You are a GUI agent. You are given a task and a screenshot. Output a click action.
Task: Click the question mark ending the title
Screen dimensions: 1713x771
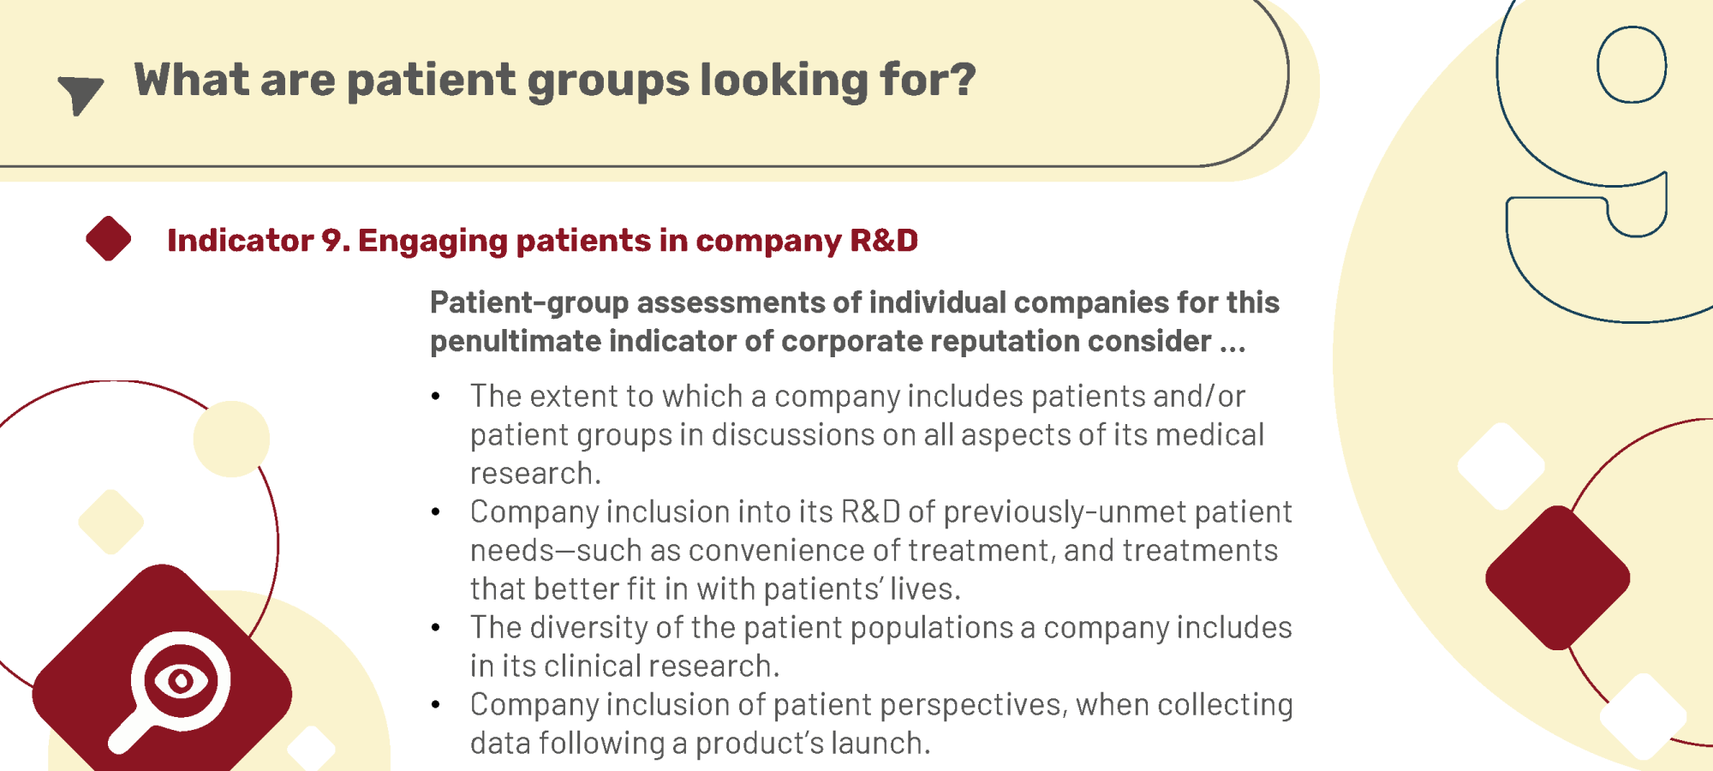[964, 80]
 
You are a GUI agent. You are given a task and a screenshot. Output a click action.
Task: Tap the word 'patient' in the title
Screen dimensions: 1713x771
[431, 81]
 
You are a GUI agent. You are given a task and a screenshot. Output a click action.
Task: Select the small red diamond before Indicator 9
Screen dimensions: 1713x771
[109, 238]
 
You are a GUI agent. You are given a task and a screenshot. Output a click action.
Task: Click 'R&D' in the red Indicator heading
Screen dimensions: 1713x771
[883, 241]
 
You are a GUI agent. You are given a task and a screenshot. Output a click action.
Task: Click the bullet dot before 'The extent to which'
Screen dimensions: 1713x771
[436, 396]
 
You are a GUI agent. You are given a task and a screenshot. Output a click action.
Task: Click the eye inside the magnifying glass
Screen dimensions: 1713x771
[181, 681]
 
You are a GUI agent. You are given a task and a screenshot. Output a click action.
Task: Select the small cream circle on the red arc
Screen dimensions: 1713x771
[231, 439]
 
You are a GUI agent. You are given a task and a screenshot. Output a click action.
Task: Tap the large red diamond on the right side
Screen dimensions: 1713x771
[1558, 577]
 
